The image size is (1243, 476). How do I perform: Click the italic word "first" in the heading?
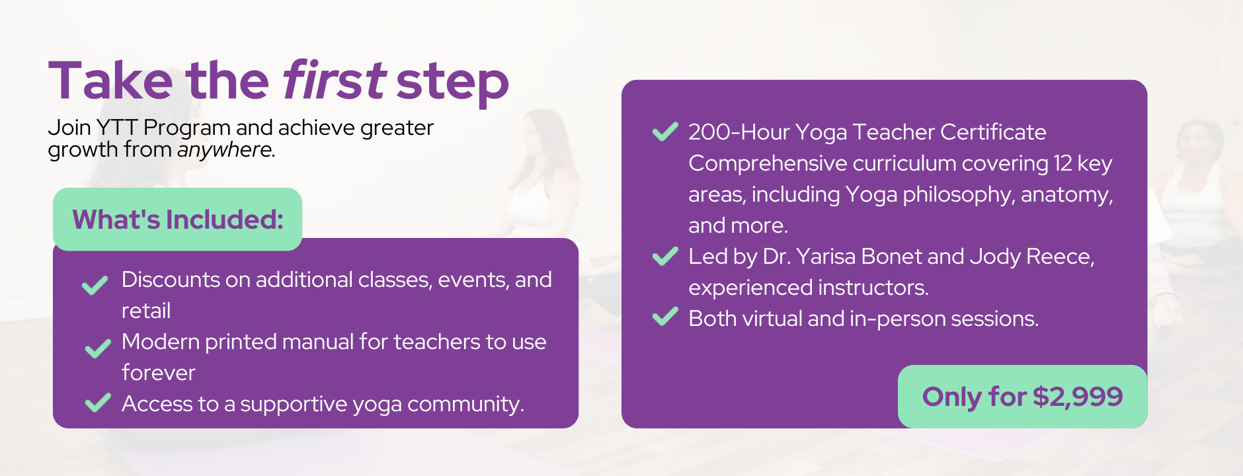click(334, 81)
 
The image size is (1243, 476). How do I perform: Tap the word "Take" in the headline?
click(110, 81)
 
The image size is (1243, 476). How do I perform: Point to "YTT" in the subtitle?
click(117, 127)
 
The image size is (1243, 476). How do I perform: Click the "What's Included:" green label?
click(178, 219)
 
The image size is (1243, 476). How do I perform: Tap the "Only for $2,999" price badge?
click(1022, 397)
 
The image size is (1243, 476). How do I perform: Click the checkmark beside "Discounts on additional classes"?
click(95, 285)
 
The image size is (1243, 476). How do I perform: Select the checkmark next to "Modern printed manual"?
click(98, 348)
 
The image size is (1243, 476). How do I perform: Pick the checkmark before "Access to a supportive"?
click(98, 402)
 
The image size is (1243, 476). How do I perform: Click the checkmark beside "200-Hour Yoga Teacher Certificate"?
click(665, 132)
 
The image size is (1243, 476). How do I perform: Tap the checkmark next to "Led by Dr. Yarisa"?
click(665, 256)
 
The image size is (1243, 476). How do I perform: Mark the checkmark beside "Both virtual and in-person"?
click(665, 317)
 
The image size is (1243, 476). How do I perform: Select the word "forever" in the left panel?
click(159, 373)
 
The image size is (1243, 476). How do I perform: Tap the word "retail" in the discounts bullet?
click(146, 311)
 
